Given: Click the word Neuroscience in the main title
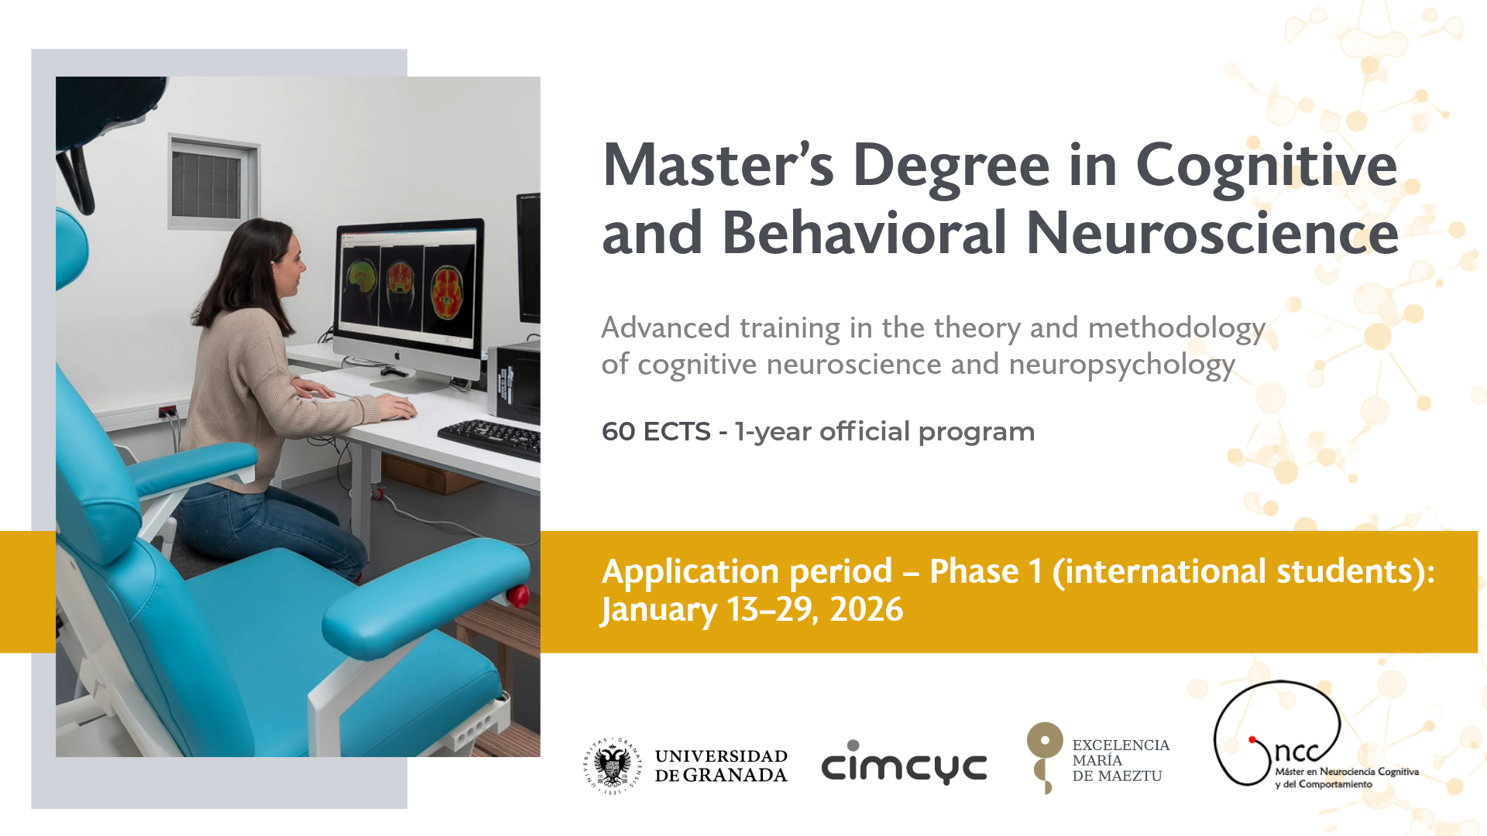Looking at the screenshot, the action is [1213, 232].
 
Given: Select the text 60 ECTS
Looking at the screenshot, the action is [656, 431].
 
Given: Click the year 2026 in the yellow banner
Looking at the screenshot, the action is [867, 609].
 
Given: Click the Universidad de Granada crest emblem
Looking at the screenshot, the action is [613, 766].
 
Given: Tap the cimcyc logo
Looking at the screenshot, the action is [904, 762].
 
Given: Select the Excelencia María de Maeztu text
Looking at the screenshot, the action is [1121, 760].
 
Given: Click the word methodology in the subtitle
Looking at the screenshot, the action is [1176, 329].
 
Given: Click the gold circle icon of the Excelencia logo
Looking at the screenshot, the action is [1045, 741].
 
